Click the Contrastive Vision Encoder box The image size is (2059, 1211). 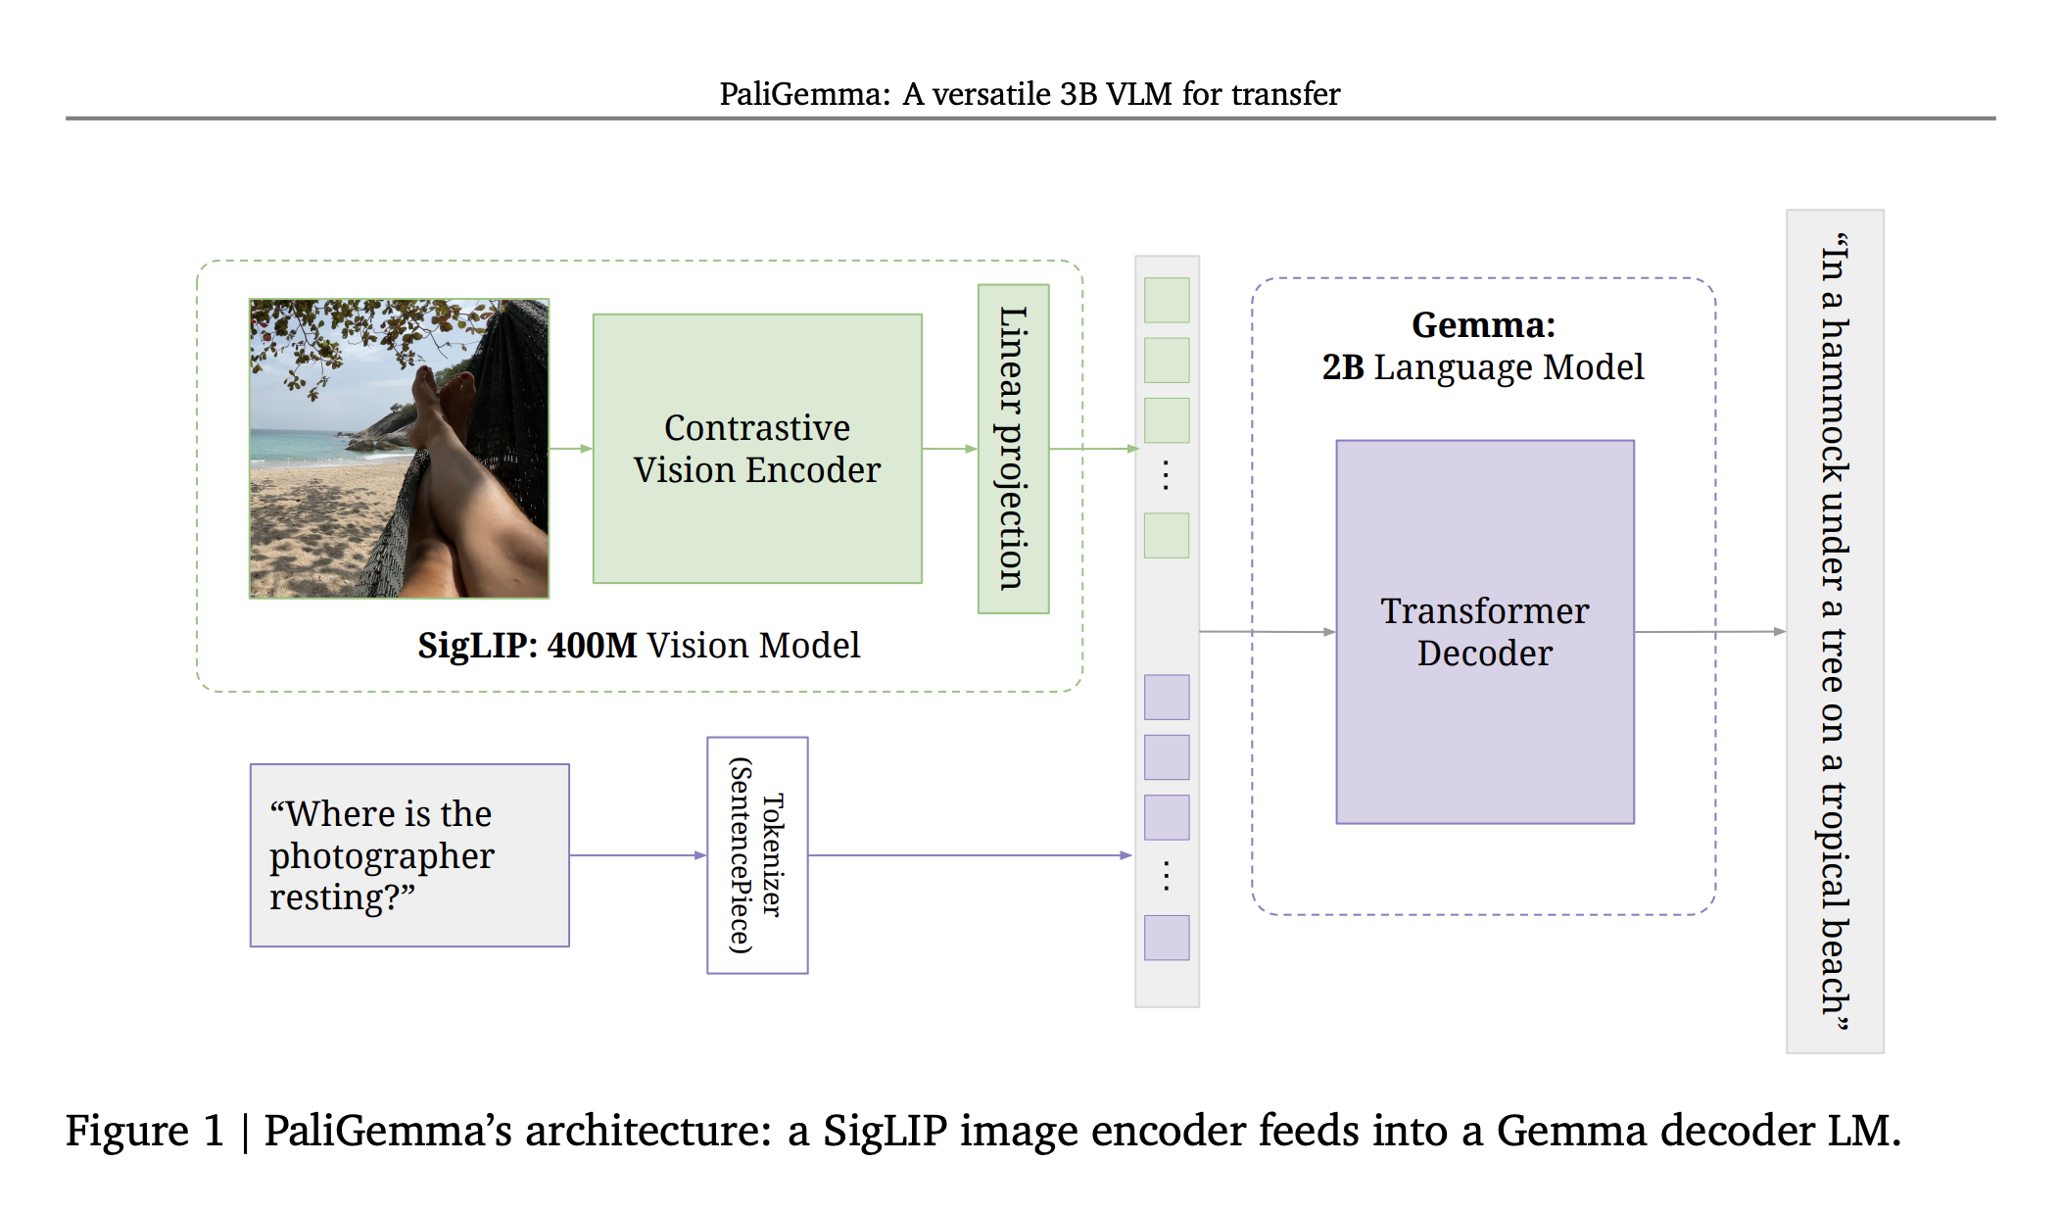(757, 449)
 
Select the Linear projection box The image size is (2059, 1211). (1014, 449)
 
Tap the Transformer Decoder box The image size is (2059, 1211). (1485, 632)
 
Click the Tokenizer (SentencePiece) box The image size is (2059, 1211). (757, 855)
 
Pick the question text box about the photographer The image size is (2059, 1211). (409, 855)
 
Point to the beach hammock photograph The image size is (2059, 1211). (400, 449)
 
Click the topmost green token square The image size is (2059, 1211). (1167, 300)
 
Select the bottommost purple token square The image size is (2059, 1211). (1167, 938)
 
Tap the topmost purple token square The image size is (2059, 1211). (1167, 697)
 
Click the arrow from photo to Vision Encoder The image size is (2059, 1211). (571, 449)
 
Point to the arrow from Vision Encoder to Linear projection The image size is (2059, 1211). (950, 449)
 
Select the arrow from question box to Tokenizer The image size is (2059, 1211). (639, 855)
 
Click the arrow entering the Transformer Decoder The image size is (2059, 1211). (1268, 632)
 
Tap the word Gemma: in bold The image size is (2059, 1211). (1483, 324)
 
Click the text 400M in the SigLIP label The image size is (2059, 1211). (592, 646)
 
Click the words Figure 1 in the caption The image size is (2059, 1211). (145, 1131)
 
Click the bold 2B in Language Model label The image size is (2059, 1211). (1343, 367)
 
